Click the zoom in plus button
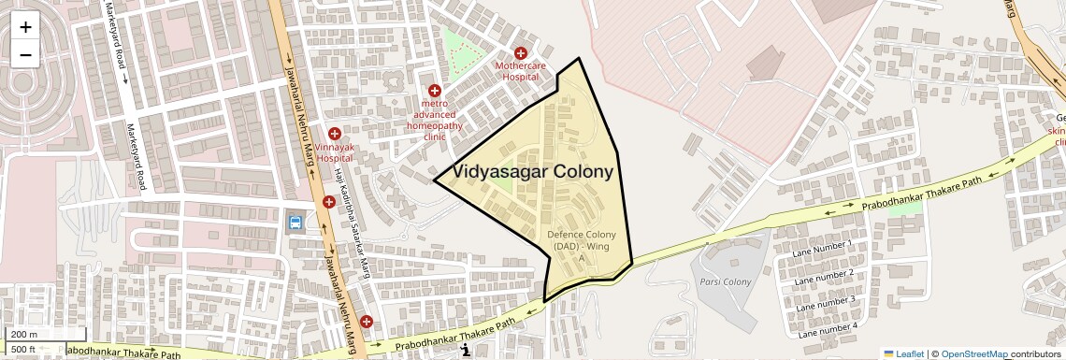(x=25, y=27)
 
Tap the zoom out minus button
(x=25, y=54)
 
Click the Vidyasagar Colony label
(x=533, y=172)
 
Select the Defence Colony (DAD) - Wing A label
(x=581, y=246)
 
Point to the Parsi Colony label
(x=725, y=281)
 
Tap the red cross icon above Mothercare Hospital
(x=521, y=54)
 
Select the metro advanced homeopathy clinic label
(x=435, y=119)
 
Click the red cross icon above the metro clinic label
(x=435, y=91)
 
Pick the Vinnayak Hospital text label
(x=334, y=152)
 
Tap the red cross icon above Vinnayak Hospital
(x=334, y=134)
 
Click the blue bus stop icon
(x=295, y=223)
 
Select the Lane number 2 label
(x=824, y=278)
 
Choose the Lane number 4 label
(x=827, y=330)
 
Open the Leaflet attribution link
(x=903, y=353)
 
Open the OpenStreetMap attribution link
(x=973, y=353)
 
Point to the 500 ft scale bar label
(x=24, y=350)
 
